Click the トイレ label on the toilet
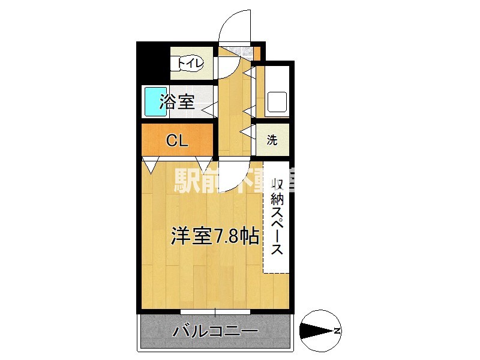click(190, 62)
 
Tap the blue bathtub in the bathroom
click(155, 102)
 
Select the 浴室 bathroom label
click(177, 103)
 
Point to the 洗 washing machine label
click(272, 141)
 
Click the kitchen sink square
click(277, 102)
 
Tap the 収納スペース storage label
click(277, 216)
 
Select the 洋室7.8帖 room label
click(214, 236)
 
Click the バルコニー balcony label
click(215, 331)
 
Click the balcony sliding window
click(215, 311)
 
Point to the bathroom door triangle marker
click(210, 109)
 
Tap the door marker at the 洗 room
click(247, 132)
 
